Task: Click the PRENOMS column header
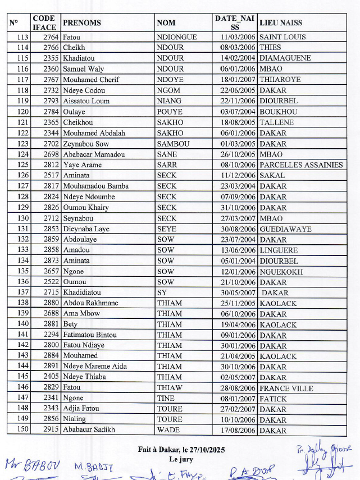pyautogui.click(x=82, y=23)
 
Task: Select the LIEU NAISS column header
pyautogui.click(x=280, y=23)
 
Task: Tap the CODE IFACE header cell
pyautogui.click(x=44, y=23)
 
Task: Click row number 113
pyautogui.click(x=22, y=37)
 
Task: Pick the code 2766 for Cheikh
pyautogui.click(x=51, y=48)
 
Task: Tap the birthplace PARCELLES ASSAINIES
pyautogui.click(x=300, y=165)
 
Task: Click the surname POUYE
pyautogui.click(x=170, y=112)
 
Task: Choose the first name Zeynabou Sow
pyautogui.click(x=85, y=144)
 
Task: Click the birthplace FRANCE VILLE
pyautogui.click(x=286, y=388)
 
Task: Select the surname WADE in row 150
pyautogui.click(x=168, y=431)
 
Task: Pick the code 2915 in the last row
pyautogui.click(x=51, y=431)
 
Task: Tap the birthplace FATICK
pyautogui.click(x=273, y=399)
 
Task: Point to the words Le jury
pyautogui.click(x=180, y=459)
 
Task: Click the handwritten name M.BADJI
pyautogui.click(x=94, y=467)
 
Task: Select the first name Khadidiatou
pyautogui.click(x=82, y=292)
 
